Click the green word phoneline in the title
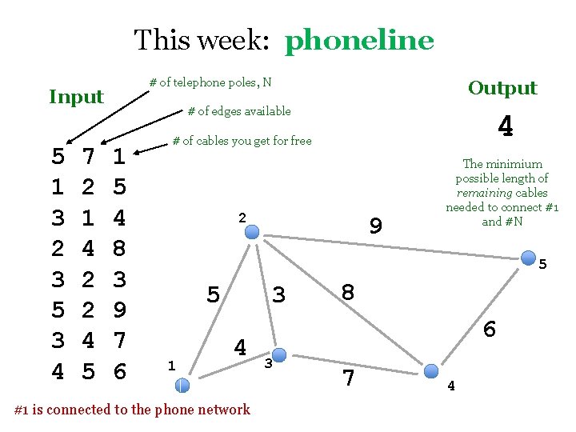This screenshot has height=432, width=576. (x=359, y=39)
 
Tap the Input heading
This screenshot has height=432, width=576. (x=77, y=97)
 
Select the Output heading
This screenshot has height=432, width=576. (x=502, y=88)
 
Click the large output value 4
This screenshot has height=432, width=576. (x=505, y=126)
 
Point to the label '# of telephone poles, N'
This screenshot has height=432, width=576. (x=211, y=82)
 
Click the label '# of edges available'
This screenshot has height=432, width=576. (x=239, y=111)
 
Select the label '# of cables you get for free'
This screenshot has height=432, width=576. (x=242, y=142)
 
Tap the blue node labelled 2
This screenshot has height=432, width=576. (x=252, y=232)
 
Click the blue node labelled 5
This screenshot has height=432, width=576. (x=529, y=258)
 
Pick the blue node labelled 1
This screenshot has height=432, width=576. (x=182, y=385)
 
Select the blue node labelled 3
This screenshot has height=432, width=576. (x=278, y=353)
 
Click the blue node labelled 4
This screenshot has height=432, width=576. (x=431, y=370)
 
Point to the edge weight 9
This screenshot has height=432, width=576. (x=375, y=227)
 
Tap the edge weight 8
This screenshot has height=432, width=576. (x=348, y=292)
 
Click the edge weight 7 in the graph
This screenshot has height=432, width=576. (x=349, y=378)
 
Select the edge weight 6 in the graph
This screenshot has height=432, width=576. (x=490, y=329)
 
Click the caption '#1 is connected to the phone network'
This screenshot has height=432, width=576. (x=133, y=410)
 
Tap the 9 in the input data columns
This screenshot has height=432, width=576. (x=118, y=309)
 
